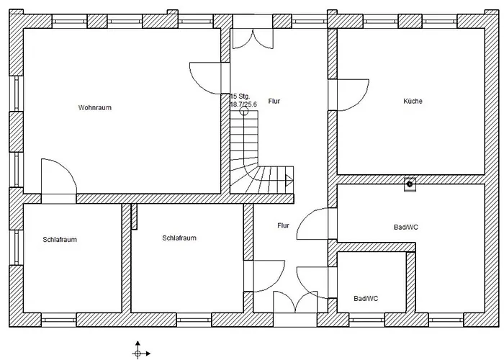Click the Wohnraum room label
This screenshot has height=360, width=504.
pos(95,107)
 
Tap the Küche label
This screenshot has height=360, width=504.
pos(413,101)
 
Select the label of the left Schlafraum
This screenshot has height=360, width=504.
pos(60,240)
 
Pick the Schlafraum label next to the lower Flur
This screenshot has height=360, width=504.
pos(179,238)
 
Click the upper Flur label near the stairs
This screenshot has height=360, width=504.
pos(274,101)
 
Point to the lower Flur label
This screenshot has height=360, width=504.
pos(283,225)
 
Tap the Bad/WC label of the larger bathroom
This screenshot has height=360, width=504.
pos(405,228)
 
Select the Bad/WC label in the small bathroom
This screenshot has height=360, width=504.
pos(366,299)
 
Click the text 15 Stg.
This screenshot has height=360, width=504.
pos(240,96)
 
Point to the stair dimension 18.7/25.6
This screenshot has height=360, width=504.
pos(243,104)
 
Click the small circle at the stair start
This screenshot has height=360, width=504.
pos(244,111)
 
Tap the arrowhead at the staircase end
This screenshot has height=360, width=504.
pos(289,180)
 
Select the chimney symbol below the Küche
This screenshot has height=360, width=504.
pos(410,184)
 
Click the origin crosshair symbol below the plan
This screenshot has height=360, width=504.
pos(138,354)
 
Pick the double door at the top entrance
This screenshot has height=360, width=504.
pos(253,39)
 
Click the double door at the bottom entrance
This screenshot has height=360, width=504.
pos(295,302)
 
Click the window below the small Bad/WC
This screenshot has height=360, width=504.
pos(366,320)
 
